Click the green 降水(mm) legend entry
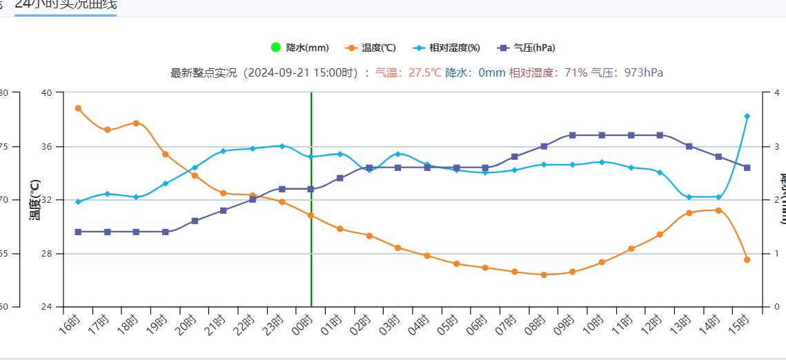pos(300,48)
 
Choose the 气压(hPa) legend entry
pos(527,48)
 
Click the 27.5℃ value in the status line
pos(424,72)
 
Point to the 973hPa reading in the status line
pos(643,72)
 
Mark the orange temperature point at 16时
pos(78,108)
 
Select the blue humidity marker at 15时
pos(747,117)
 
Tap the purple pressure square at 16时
pos(78,232)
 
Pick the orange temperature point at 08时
pos(544,274)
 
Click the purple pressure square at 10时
pos(602,135)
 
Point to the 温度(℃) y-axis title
pos(35,200)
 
